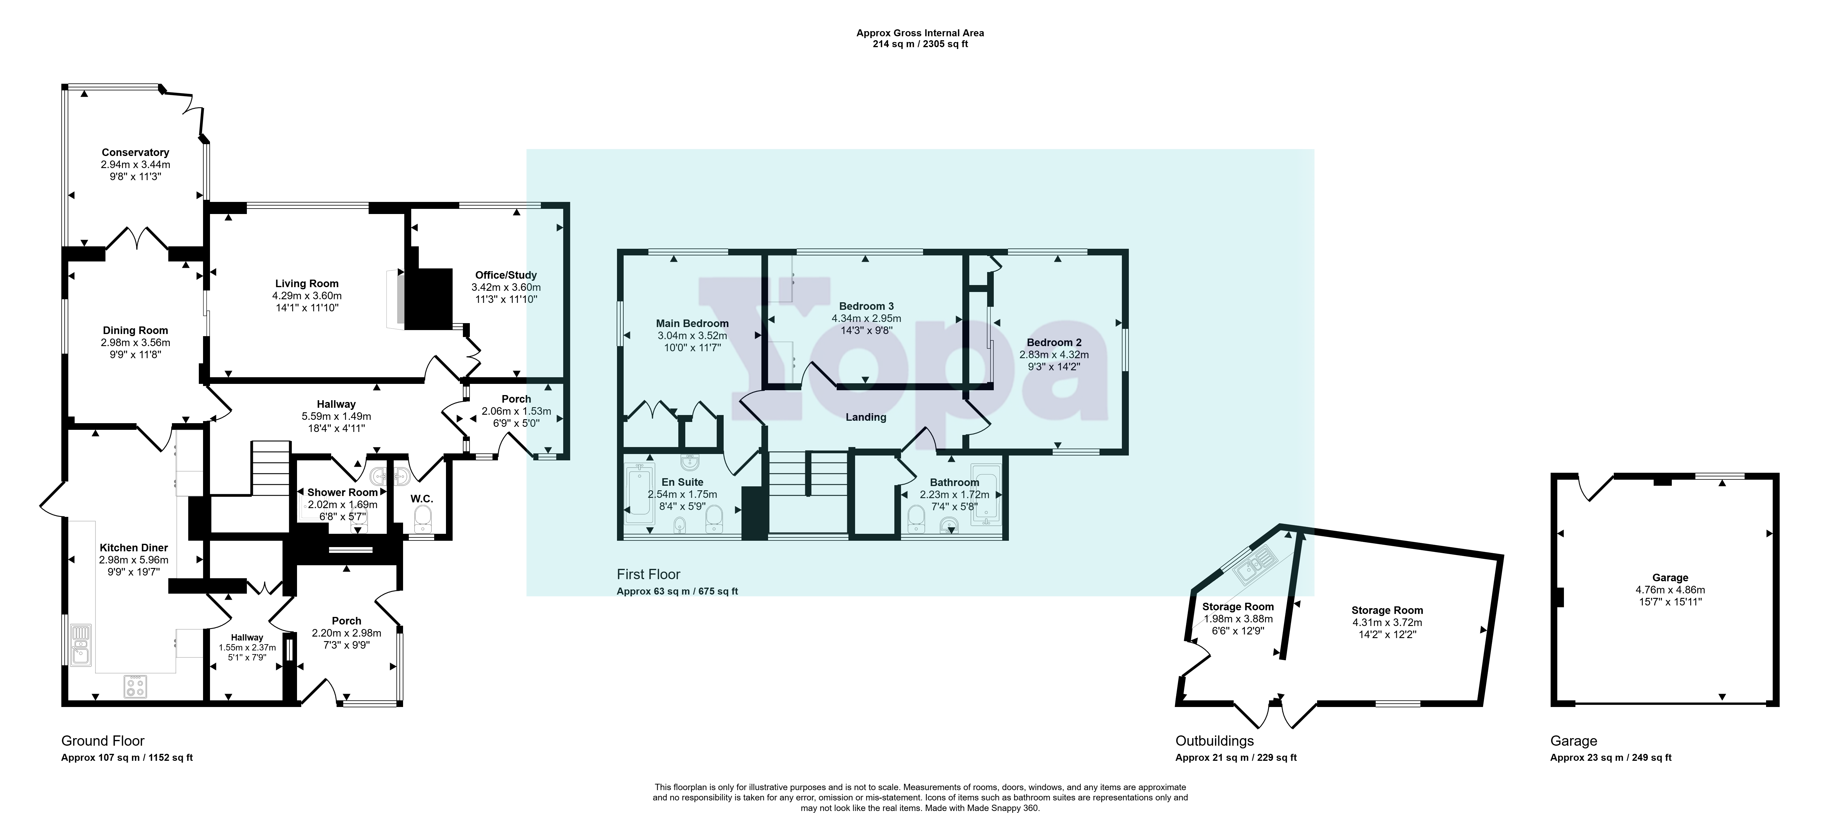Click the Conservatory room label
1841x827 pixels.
pos(135,152)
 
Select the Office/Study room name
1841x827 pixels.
pos(506,275)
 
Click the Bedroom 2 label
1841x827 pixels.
pos(1054,342)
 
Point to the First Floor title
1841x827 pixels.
pos(648,574)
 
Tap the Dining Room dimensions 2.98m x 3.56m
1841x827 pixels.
pos(135,342)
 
